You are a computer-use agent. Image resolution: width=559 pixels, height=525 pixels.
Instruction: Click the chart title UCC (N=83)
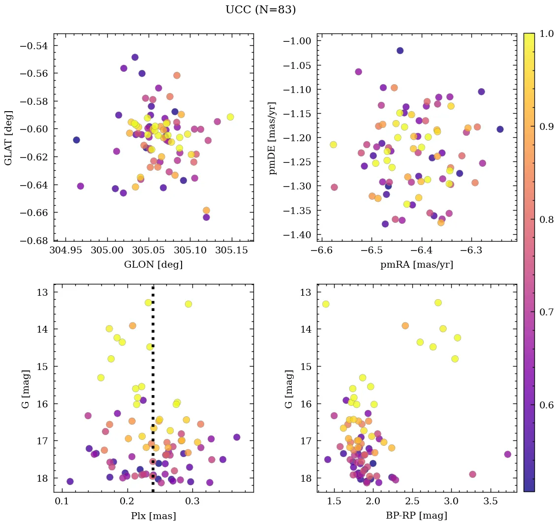(x=260, y=10)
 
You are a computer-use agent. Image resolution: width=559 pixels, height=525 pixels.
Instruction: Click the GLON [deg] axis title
(x=154, y=265)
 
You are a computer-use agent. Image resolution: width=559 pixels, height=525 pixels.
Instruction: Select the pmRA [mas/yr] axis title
(x=417, y=265)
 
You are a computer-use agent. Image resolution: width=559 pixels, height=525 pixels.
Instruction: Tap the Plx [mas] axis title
(x=154, y=516)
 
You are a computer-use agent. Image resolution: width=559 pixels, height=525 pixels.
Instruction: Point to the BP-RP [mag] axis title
(x=417, y=516)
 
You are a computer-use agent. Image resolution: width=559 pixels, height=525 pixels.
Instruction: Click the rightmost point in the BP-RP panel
(x=508, y=454)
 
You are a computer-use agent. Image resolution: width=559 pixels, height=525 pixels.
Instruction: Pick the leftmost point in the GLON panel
(x=76, y=140)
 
